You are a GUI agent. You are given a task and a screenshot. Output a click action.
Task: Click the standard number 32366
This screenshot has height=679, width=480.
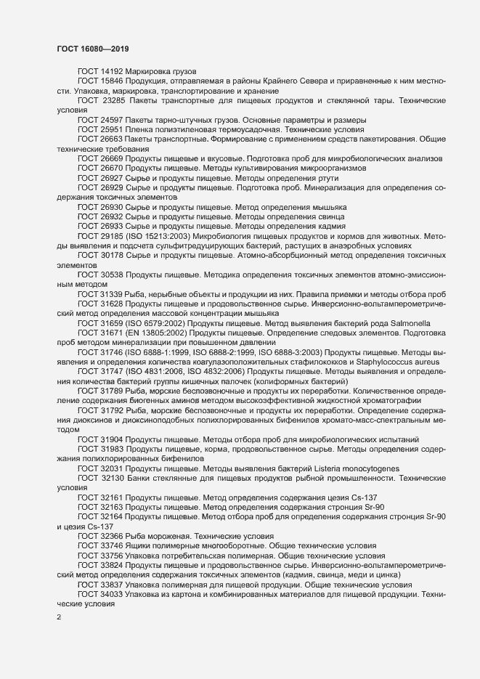[111, 534]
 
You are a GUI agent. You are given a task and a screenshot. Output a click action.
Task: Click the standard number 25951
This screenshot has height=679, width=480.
[111, 129]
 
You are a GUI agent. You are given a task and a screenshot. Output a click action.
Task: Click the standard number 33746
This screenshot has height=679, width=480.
[111, 544]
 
